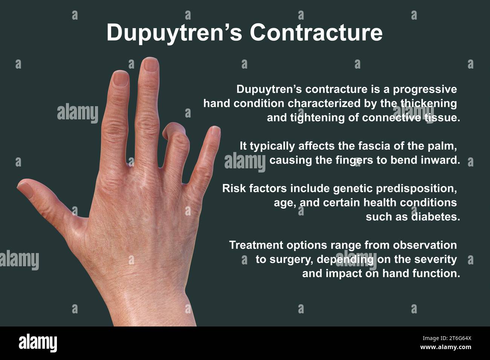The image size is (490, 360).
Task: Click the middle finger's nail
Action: (151, 65)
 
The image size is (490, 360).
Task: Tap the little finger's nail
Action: (215, 131)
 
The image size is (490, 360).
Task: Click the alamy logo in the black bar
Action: (38, 343)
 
